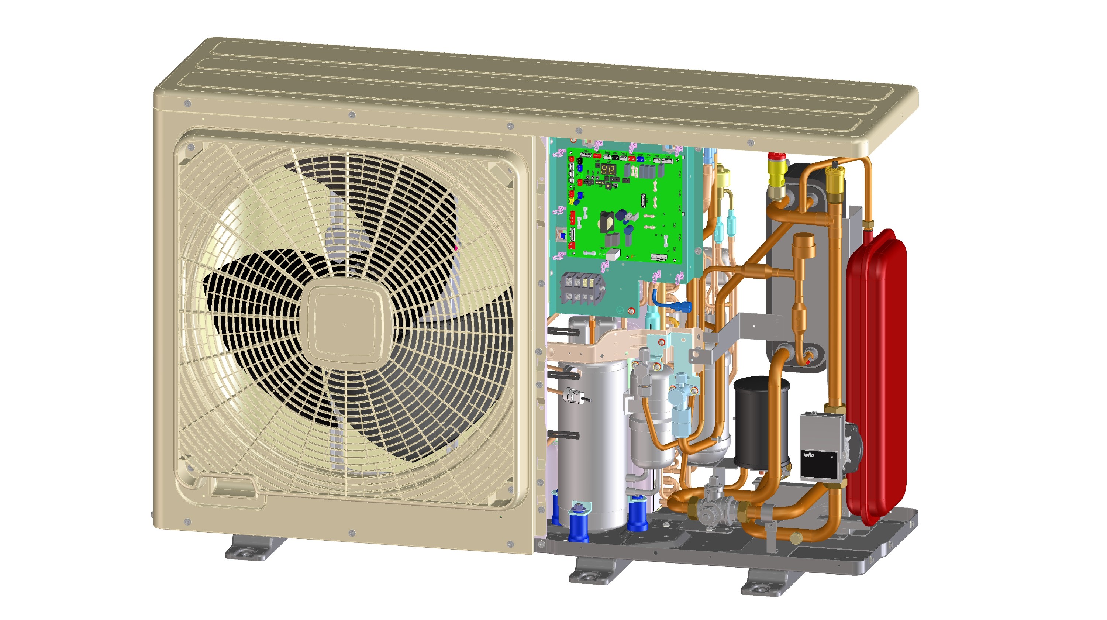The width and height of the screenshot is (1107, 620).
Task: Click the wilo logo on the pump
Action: [x=809, y=455]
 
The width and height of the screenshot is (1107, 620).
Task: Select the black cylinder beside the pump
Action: [x=761, y=421]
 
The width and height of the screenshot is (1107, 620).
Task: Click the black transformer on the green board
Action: [x=606, y=222]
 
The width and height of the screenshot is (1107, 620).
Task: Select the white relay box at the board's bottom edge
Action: [x=613, y=254]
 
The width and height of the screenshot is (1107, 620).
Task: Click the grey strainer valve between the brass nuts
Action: [x=713, y=509]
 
